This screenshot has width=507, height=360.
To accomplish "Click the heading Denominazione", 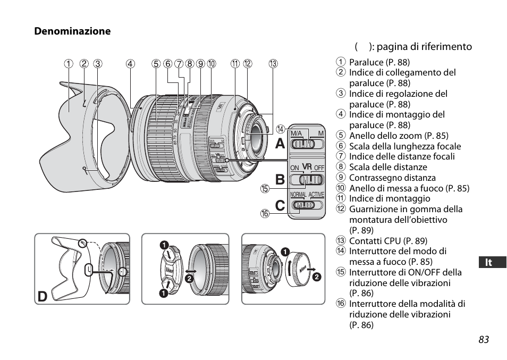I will [72, 31].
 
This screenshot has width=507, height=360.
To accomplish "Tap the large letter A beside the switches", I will [280, 144].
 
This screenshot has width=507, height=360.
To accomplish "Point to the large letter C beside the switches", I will [280, 204].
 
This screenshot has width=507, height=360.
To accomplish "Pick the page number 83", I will [483, 340].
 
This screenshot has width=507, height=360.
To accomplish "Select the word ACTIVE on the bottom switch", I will [316, 195].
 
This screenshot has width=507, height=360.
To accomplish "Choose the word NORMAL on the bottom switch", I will [298, 195].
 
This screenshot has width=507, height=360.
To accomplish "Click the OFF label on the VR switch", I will [319, 168].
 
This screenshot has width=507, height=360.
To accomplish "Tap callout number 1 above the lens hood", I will [68, 64].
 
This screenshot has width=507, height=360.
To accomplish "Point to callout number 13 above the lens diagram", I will [273, 64].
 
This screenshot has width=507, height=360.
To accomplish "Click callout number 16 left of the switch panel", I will [264, 213].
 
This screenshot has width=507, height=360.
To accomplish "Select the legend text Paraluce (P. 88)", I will [379, 62].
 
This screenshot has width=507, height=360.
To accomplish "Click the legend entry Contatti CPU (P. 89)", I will [387, 241].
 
